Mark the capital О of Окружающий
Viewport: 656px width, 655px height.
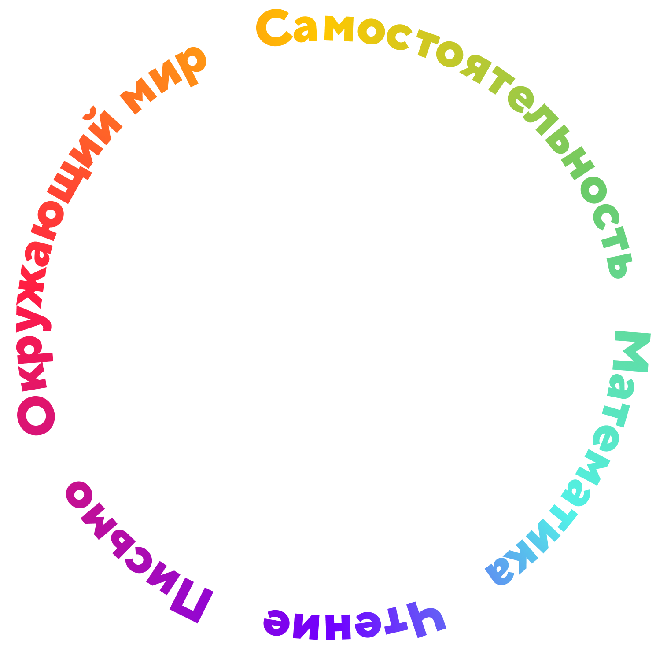[x=36, y=416]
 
